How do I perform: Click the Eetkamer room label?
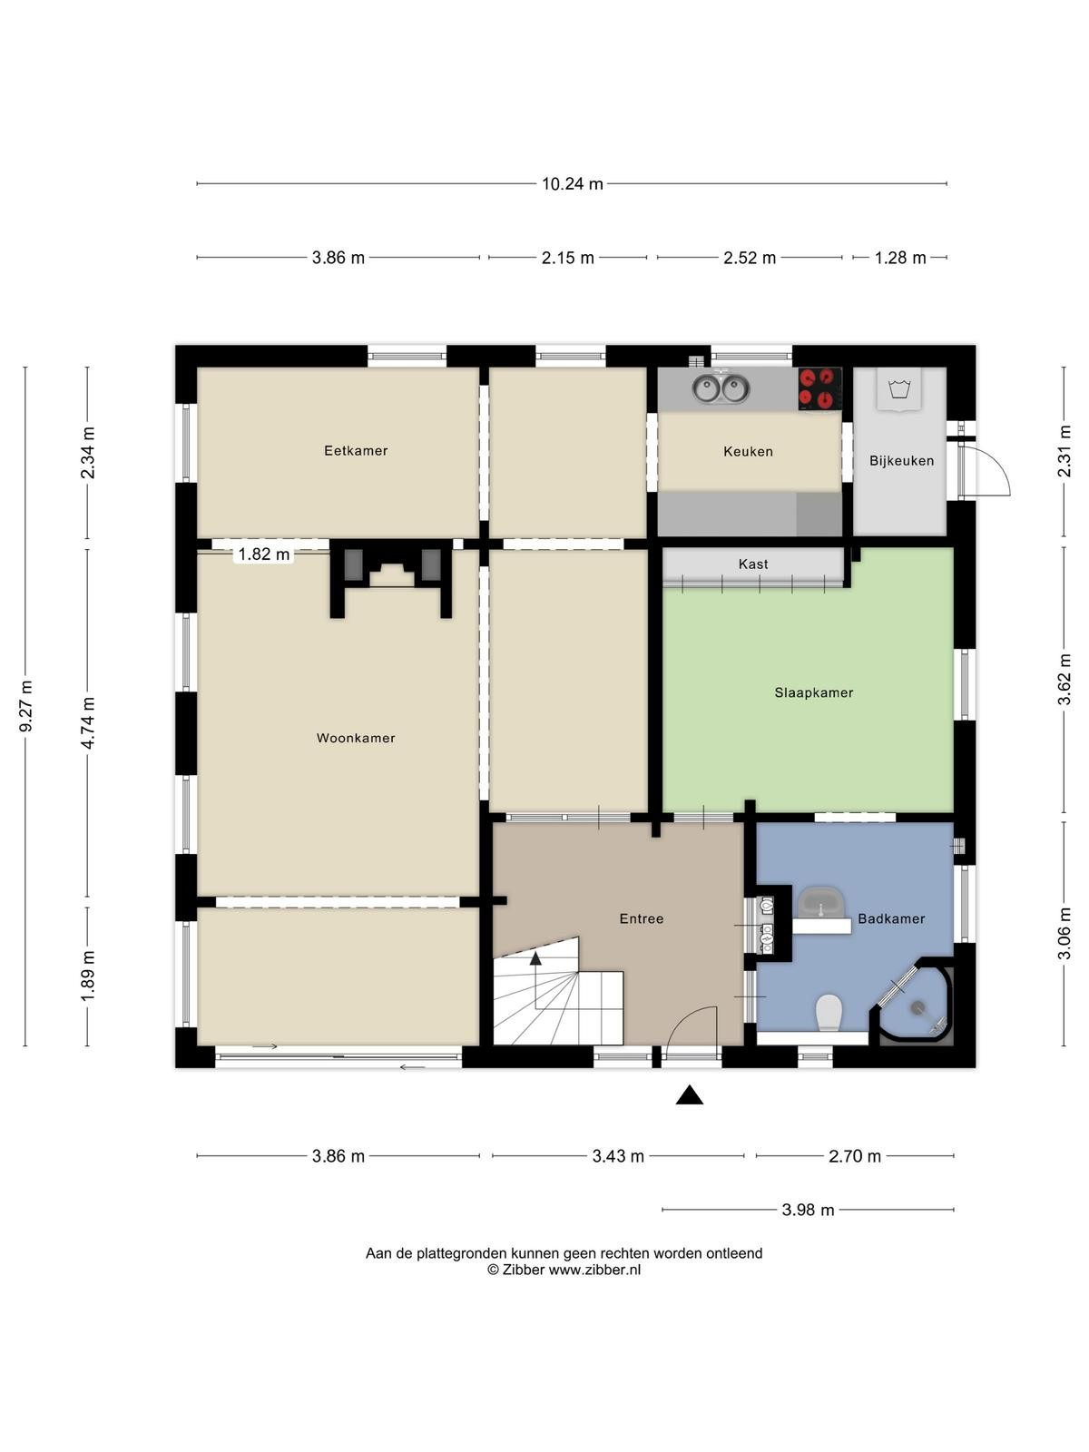click(356, 450)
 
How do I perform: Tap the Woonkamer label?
click(356, 738)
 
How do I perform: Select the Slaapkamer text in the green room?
click(814, 692)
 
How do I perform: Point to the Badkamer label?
click(891, 918)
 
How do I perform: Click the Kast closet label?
click(753, 564)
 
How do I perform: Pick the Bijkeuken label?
click(901, 460)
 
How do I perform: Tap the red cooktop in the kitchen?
click(819, 389)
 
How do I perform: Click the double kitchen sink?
click(721, 389)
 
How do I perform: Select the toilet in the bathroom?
click(829, 1013)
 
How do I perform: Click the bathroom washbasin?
click(822, 903)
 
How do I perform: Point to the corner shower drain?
click(917, 1007)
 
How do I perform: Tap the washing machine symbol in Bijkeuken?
click(898, 390)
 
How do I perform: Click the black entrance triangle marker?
click(689, 1094)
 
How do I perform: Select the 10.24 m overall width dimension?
click(572, 184)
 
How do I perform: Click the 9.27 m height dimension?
click(26, 706)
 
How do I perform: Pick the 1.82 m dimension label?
click(264, 554)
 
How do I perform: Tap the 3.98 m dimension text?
click(808, 1209)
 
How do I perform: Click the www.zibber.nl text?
click(594, 1270)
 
